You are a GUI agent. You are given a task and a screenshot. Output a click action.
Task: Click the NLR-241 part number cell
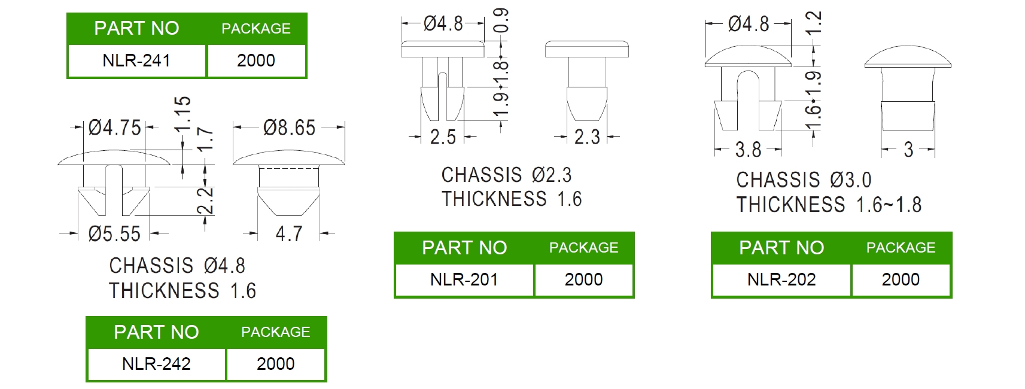136,60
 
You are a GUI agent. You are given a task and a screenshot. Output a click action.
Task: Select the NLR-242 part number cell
156,364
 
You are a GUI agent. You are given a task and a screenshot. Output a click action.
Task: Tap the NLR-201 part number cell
464,279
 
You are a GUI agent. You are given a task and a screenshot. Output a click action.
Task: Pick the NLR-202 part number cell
781,279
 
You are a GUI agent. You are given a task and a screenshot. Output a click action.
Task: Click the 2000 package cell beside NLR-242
275,364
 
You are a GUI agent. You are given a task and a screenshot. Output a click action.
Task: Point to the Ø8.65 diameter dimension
289,127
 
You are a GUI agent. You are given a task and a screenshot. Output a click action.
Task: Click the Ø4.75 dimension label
114,127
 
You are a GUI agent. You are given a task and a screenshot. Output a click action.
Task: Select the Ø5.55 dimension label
114,234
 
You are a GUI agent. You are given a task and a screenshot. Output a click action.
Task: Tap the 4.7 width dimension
289,234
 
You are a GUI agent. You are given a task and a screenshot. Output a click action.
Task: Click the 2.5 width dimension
443,138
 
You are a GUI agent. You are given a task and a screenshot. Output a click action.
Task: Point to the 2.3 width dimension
587,138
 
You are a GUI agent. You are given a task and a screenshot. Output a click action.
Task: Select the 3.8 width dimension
748,150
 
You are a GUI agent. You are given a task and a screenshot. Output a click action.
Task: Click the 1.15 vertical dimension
183,114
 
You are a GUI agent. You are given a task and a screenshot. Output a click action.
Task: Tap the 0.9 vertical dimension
501,20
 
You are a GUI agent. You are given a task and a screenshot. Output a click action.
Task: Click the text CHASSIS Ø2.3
506,175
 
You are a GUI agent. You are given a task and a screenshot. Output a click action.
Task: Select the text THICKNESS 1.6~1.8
829,205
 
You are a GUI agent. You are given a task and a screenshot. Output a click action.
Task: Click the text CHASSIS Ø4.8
177,266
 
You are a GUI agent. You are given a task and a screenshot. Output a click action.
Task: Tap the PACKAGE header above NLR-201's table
583,248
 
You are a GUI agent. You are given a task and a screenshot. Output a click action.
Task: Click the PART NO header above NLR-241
136,28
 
